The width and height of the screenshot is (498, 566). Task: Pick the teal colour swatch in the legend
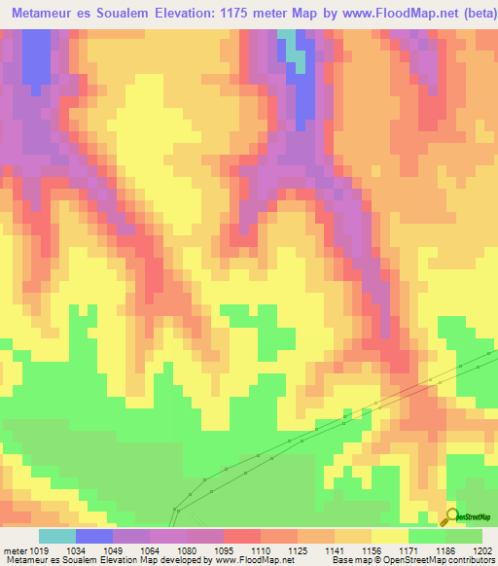(x=57, y=536)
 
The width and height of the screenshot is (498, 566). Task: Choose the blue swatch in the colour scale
(x=94, y=536)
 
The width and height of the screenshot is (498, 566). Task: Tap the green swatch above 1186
(x=427, y=536)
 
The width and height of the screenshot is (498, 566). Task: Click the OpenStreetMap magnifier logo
(x=451, y=516)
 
